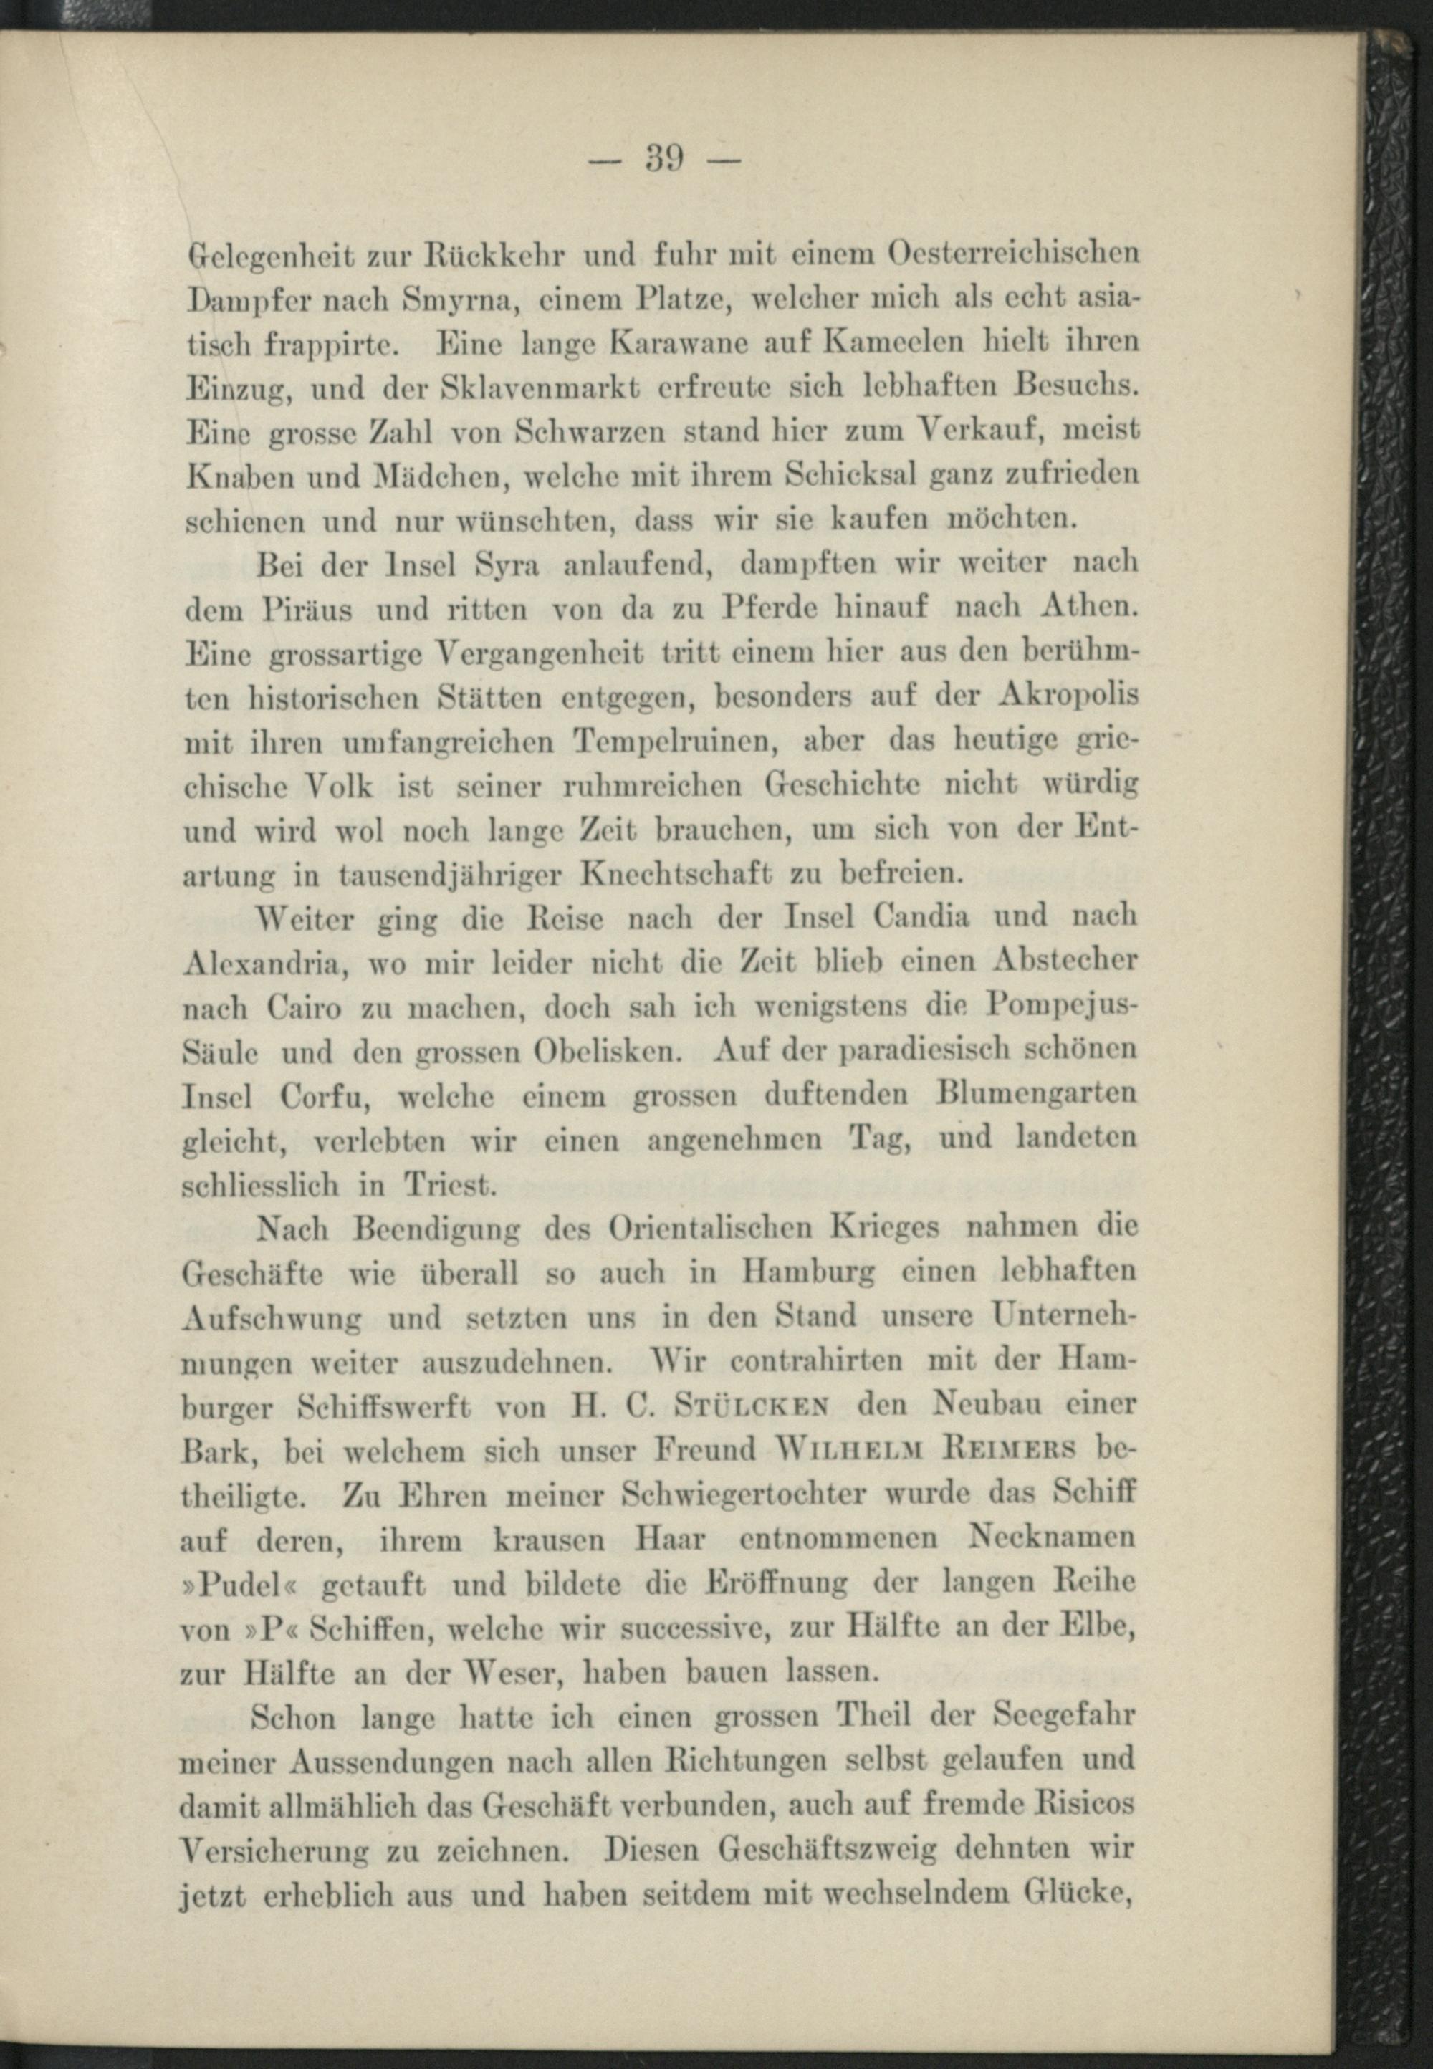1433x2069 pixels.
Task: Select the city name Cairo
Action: click(x=305, y=1008)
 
